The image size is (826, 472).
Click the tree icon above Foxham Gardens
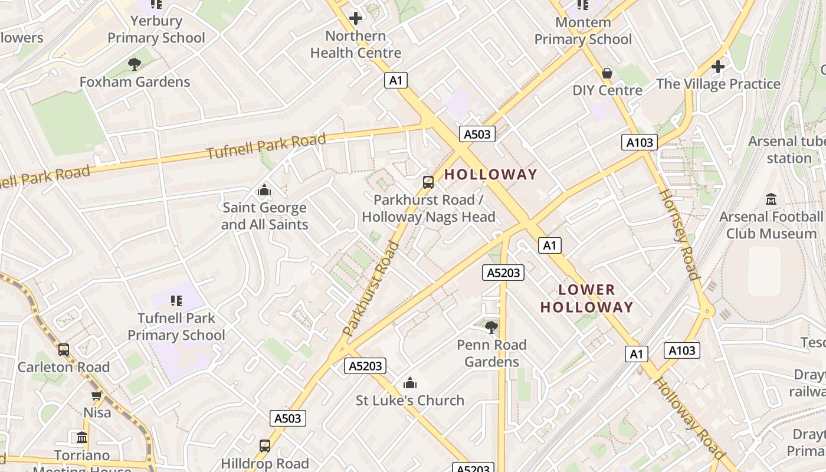135,64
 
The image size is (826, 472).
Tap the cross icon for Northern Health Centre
356,18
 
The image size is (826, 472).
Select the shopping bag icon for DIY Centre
607,73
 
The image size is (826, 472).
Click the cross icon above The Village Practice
718,67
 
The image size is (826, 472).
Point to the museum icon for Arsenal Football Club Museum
771,199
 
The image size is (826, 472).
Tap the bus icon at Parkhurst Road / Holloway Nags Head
428,182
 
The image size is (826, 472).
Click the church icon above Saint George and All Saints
264,191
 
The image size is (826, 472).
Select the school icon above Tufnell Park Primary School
176,301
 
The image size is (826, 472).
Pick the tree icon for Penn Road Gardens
491,327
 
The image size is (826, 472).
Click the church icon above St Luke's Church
409,383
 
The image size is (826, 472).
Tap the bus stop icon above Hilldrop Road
265,446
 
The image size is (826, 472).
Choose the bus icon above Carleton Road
64,350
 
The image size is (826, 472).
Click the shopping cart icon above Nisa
97,395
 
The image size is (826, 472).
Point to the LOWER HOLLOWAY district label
586,299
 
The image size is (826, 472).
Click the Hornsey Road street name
678,234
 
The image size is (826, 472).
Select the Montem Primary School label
583,31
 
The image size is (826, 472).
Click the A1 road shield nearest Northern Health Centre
396,80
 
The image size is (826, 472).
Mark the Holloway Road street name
689,418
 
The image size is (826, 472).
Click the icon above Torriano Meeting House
82,438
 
